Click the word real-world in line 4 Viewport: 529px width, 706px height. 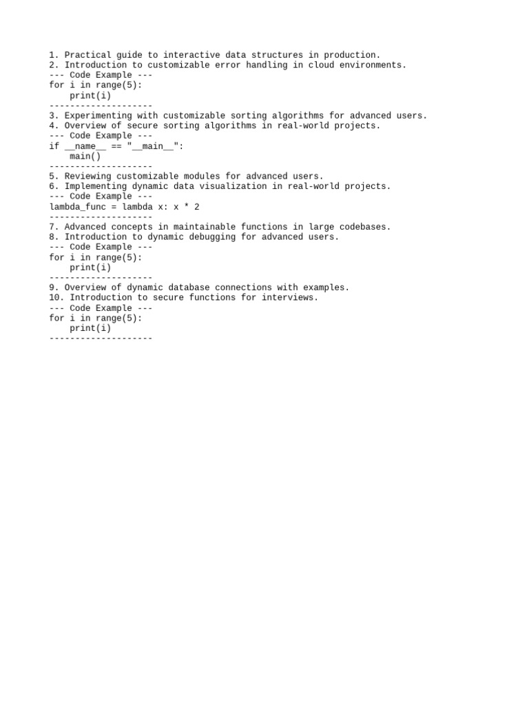coord(302,126)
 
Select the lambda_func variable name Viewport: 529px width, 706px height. coord(77,207)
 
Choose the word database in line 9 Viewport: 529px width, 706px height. coord(189,288)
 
